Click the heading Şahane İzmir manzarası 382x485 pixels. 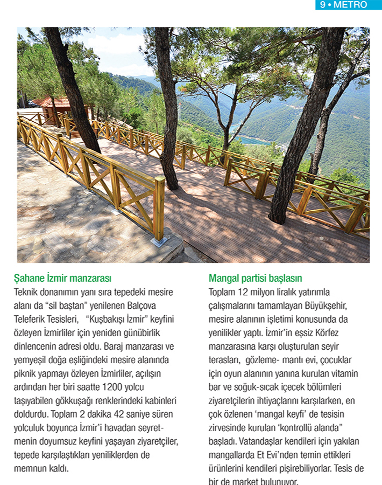[62, 279]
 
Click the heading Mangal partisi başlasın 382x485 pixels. [255, 279]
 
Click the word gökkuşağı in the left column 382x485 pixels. [69, 400]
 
